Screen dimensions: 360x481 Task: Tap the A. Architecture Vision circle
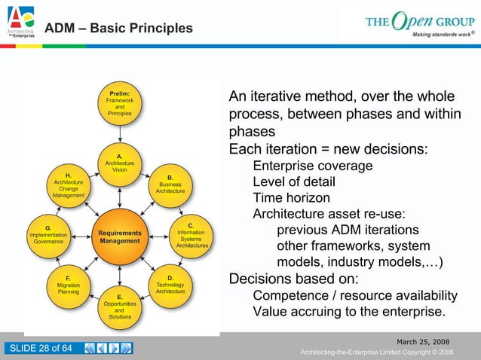(x=119, y=163)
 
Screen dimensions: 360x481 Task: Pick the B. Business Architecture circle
(x=170, y=185)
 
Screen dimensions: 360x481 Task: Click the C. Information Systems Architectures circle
(x=191, y=235)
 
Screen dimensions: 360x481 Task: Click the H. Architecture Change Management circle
(x=69, y=185)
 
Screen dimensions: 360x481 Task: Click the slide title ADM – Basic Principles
(x=118, y=29)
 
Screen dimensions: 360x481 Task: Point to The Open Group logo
(x=419, y=23)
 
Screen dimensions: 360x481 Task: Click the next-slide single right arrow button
(x=114, y=348)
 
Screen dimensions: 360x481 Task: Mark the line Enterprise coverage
(x=312, y=166)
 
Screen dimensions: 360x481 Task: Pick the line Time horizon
(x=291, y=198)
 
